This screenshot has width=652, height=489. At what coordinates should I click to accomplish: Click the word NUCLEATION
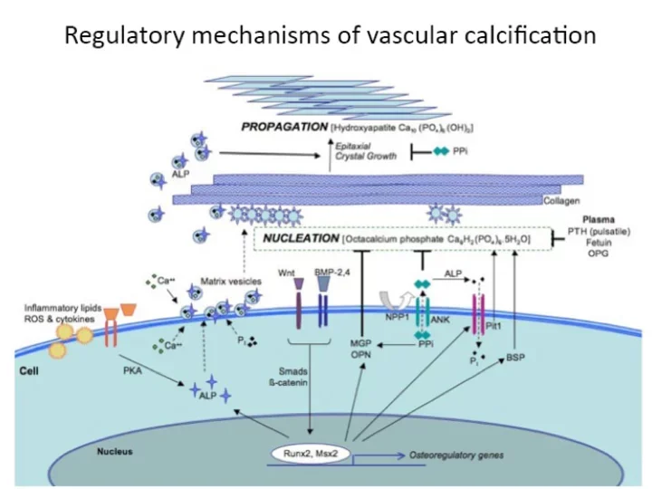(301, 239)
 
